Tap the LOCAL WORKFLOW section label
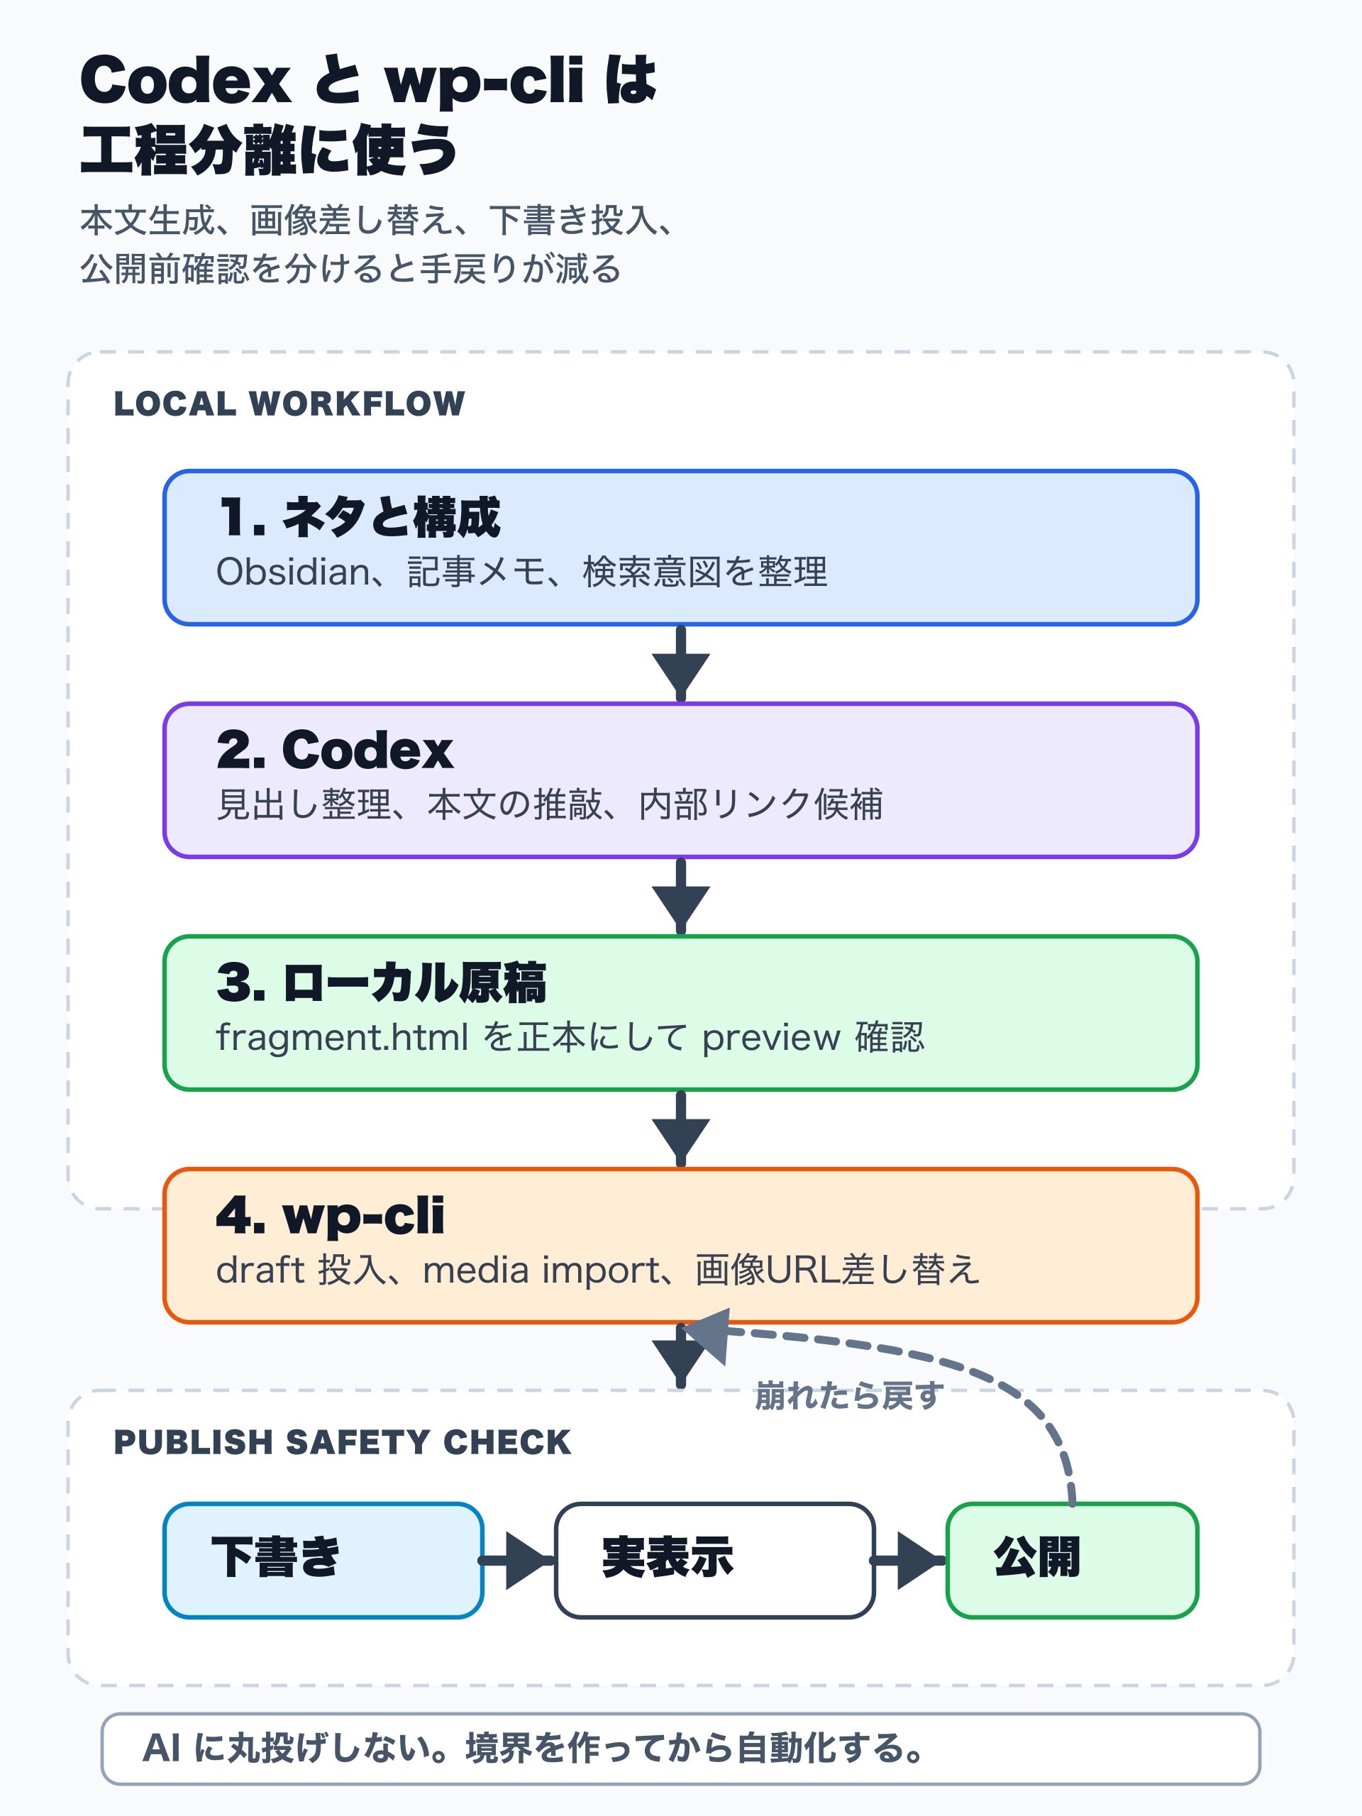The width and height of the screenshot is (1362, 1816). click(289, 404)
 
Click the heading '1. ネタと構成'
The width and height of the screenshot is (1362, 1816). click(359, 518)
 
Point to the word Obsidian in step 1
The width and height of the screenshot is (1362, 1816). click(292, 572)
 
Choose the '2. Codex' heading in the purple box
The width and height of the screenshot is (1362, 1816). click(334, 751)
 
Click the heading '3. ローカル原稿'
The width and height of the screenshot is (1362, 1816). click(381, 982)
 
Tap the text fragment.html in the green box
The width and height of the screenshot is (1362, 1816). click(341, 1037)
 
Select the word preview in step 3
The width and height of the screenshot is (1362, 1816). click(771, 1038)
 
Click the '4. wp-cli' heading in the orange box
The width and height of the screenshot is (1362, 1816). click(330, 1215)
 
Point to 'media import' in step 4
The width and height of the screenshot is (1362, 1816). click(541, 1270)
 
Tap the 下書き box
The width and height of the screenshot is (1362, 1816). click(323, 1561)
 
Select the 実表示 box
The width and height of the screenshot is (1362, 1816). click(714, 1561)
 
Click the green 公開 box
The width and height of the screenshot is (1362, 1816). click(1071, 1561)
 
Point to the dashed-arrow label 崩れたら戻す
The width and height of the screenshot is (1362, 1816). click(848, 1395)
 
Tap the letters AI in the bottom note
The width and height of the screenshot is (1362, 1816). click(161, 1748)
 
